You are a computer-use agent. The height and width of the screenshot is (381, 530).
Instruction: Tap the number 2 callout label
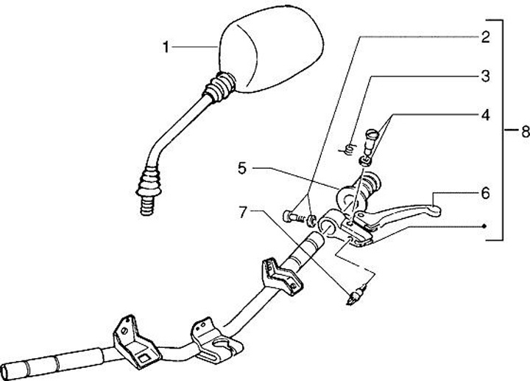[485, 36]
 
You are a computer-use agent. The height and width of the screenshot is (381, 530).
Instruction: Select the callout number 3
[485, 75]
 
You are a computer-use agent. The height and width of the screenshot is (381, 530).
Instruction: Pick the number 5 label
[241, 169]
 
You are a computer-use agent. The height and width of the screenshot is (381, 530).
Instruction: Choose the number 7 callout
[241, 213]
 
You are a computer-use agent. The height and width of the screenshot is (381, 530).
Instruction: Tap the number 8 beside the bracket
[524, 132]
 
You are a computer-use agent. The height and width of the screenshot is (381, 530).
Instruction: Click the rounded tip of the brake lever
[436, 212]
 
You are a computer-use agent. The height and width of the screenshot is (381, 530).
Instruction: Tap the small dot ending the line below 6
[484, 226]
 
